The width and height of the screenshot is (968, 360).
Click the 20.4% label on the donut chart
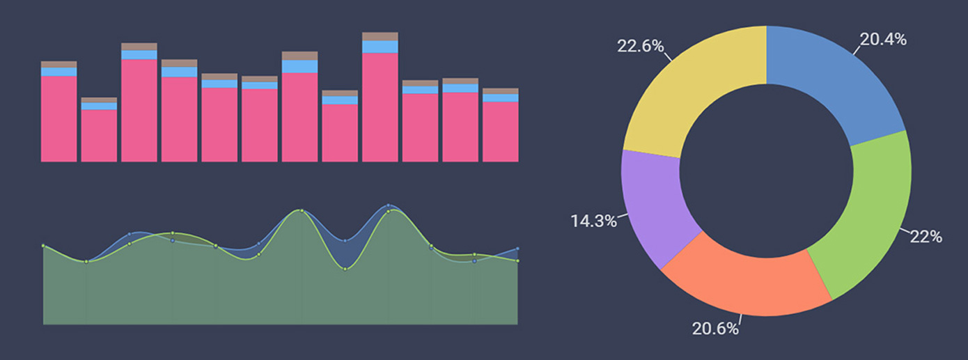pyautogui.click(x=883, y=40)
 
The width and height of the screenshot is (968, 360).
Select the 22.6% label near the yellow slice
pyautogui.click(x=640, y=46)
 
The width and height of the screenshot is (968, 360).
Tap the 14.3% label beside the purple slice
pyautogui.click(x=594, y=221)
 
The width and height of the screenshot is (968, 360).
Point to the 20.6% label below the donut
pyautogui.click(x=715, y=329)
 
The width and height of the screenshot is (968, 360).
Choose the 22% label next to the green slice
pyautogui.click(x=926, y=237)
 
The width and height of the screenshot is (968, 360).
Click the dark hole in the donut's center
pyautogui.click(x=766, y=171)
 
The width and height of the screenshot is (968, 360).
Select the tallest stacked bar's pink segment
pyautogui.click(x=380, y=107)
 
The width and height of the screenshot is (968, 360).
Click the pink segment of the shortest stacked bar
pyautogui.click(x=99, y=136)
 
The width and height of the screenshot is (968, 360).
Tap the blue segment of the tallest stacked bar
pyautogui.click(x=380, y=47)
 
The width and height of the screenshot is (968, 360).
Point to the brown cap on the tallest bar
pyautogui.click(x=380, y=36)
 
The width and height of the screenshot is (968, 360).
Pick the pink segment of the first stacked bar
pyautogui.click(x=58, y=118)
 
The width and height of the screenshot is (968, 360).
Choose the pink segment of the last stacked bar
pyautogui.click(x=501, y=132)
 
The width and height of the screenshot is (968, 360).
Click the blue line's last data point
pyautogui.click(x=517, y=249)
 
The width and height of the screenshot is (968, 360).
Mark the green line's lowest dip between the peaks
pyautogui.click(x=345, y=269)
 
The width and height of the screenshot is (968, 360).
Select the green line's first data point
pyautogui.click(x=43, y=246)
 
